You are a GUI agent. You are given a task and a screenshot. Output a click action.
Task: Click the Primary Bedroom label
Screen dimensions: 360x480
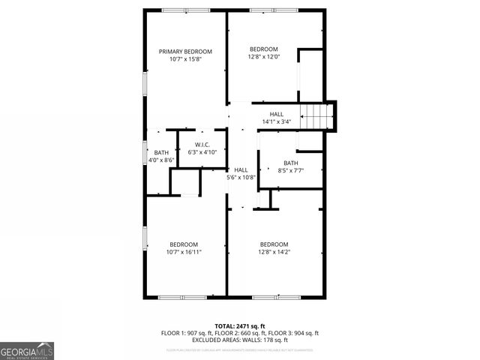coord(185,52)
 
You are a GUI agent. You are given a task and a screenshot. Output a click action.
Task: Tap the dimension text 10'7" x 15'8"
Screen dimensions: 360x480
coord(185,59)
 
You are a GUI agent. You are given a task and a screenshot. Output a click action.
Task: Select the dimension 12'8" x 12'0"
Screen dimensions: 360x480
coord(264,56)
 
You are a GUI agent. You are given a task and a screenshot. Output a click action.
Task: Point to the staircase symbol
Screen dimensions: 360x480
coord(316,116)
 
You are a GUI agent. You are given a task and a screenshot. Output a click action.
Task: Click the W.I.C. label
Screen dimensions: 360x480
coord(202,145)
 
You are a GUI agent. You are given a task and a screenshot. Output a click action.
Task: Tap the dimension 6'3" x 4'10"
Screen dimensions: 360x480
coord(202,152)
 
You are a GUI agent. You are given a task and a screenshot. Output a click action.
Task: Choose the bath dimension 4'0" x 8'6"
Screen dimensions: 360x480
coord(162,160)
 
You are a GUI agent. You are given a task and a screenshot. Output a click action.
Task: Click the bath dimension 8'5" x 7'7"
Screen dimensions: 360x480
coord(290,170)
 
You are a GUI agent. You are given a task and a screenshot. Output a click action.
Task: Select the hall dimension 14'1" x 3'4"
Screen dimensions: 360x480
coord(277,121)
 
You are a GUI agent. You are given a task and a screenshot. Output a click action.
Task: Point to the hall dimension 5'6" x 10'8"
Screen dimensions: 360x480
coord(241,178)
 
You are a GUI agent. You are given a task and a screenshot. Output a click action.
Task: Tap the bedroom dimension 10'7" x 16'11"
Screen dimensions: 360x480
coord(184,252)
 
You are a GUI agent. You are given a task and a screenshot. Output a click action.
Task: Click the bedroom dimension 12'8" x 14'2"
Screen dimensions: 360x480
coord(274,252)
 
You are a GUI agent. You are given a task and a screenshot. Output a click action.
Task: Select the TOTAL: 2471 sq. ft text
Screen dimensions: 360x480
coord(240,326)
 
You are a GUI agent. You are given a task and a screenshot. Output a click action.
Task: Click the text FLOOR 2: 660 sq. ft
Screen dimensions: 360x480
coord(240,333)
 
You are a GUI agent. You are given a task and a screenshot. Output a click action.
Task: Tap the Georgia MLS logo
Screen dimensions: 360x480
coord(27,350)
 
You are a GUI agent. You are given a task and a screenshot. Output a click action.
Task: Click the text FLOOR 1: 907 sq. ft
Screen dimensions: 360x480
coord(187,333)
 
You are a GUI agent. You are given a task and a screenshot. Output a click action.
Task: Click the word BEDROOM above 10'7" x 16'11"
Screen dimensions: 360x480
coord(184,244)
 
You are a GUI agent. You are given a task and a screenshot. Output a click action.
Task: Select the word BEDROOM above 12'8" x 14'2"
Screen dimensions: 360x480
coord(274,244)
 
